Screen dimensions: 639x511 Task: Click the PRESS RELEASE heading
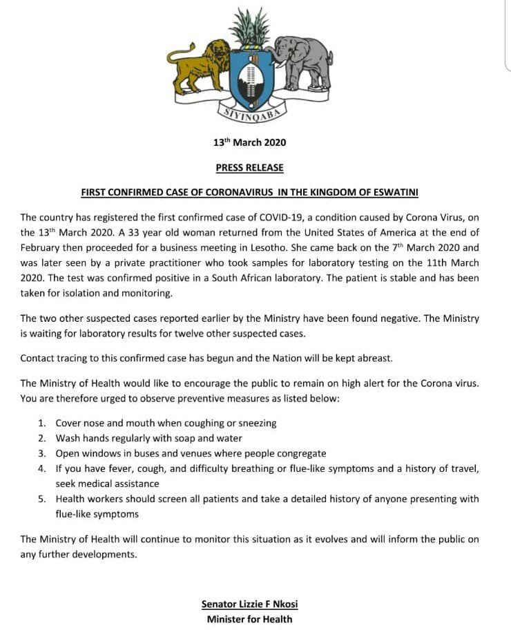[249, 168]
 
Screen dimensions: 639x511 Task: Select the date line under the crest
[249, 143]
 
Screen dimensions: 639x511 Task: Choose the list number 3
[41, 454]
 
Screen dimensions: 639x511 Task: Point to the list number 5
[41, 499]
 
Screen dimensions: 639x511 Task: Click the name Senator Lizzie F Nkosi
[249, 604]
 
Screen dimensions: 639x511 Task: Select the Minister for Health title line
[249, 620]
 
